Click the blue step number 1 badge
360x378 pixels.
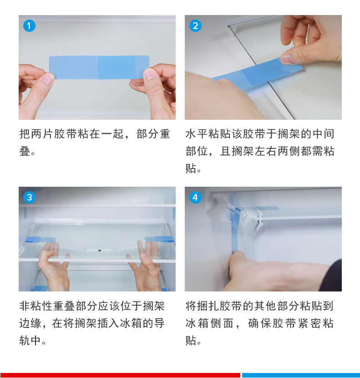click(29, 26)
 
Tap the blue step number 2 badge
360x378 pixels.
click(195, 26)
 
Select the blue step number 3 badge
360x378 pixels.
click(29, 198)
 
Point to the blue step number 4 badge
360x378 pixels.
click(195, 198)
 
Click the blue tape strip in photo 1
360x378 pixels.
click(99, 67)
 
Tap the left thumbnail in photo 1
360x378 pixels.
click(49, 79)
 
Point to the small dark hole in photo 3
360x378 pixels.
click(100, 250)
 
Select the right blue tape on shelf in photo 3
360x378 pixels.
click(159, 239)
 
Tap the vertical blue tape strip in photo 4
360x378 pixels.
click(234, 231)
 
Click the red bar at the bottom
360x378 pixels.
click(120, 375)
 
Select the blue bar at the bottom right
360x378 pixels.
click(301, 375)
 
